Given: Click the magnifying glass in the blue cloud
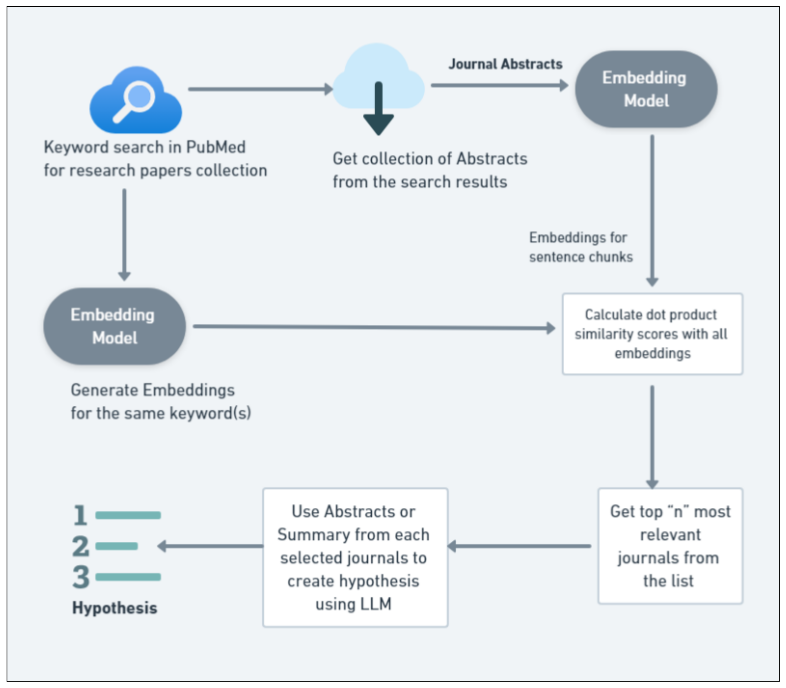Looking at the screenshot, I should (x=135, y=101).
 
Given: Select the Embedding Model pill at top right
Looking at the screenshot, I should (x=646, y=89).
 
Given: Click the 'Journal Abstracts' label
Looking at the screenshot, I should (x=505, y=64).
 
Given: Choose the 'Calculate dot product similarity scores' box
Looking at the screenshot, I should (x=652, y=334).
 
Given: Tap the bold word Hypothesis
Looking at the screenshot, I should (x=114, y=608).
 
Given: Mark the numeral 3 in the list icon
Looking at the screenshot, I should (x=81, y=577).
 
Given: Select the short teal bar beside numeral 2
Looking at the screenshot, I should (x=116, y=546).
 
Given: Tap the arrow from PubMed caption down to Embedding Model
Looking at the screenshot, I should (x=124, y=234).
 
